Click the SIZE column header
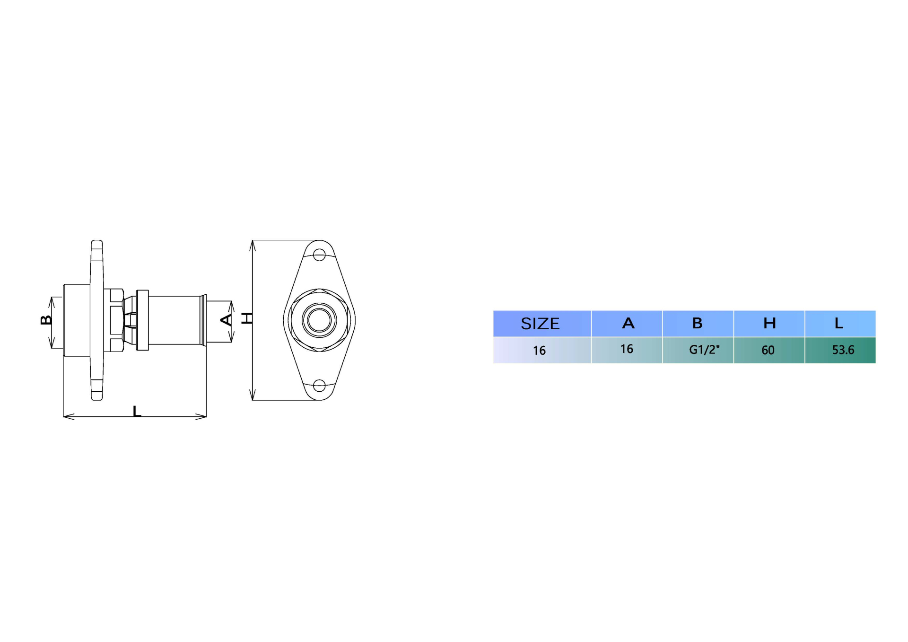540,324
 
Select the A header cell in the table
628,323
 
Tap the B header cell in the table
698,323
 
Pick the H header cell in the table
769,323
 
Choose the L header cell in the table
839,323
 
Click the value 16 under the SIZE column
539,351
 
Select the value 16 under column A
627,349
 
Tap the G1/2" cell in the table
704,350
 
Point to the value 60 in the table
768,350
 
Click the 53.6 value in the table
843,350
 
